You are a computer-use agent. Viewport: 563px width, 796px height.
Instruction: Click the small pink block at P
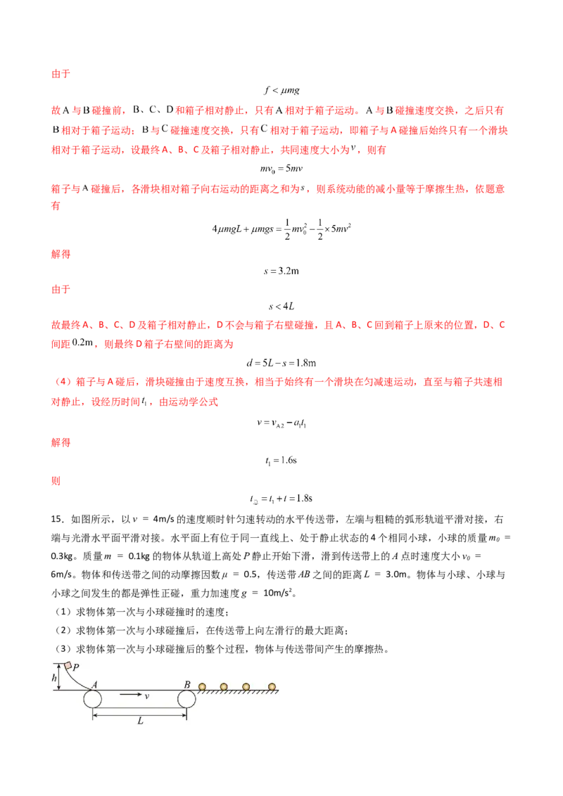coord(68,665)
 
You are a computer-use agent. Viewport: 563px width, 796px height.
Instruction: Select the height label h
coord(53,677)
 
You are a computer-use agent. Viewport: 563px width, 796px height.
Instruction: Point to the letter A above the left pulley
coord(94,683)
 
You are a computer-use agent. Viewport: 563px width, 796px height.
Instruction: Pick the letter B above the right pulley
coord(187,683)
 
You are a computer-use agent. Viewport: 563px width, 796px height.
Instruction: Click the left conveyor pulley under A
coord(93,700)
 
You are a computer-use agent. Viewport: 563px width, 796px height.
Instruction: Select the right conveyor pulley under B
coord(186,700)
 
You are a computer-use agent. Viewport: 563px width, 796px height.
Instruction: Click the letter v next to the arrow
coord(146,696)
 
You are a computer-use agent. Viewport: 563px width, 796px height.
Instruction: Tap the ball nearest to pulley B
coord(203,686)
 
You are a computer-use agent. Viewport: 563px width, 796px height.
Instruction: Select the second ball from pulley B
coord(224,686)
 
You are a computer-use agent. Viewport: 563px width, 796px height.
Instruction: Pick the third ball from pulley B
coord(246,686)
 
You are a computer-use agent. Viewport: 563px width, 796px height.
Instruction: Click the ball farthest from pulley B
coord(272,686)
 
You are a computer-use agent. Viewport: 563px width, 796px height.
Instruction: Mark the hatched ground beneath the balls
coord(239,693)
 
